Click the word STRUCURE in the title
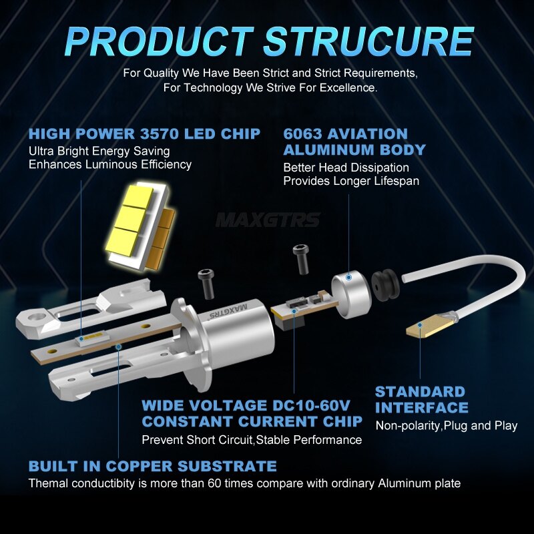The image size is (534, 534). point(368,41)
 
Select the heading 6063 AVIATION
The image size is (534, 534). point(345,134)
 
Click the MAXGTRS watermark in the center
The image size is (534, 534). point(268,220)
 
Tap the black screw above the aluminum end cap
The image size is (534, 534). point(301,259)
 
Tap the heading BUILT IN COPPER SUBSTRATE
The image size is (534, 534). point(152,466)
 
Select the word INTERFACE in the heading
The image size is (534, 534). point(422,408)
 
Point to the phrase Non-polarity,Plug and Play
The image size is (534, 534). point(447,426)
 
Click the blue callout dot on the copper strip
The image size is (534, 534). point(119,346)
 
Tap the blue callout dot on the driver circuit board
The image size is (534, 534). point(294,310)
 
